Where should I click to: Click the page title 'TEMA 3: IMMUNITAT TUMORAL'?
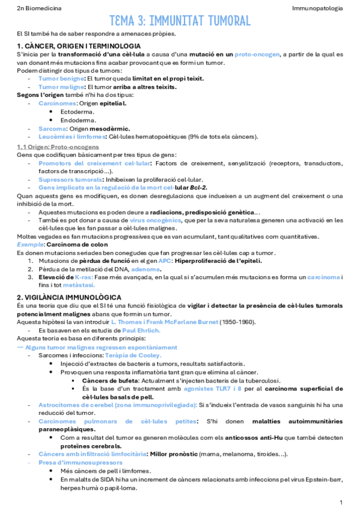pyautogui.click(x=180, y=22)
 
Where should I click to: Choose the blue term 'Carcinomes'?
pyautogui.click(x=58, y=103)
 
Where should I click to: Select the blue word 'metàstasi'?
pyautogui.click(x=66, y=285)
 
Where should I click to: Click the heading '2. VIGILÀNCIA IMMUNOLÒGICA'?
pyautogui.click(x=70, y=297)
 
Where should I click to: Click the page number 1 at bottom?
pyautogui.click(x=341, y=502)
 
